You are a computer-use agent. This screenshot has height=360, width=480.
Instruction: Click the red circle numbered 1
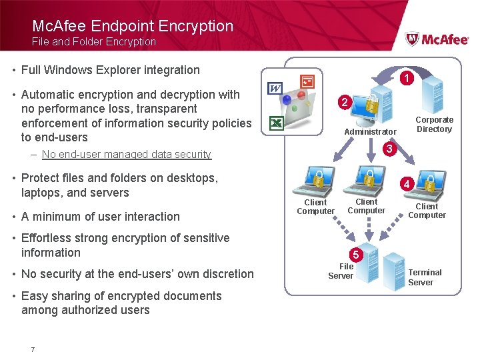(406, 78)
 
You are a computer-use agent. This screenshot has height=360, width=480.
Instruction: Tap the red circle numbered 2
(343, 103)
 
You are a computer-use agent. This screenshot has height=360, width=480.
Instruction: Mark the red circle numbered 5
(356, 254)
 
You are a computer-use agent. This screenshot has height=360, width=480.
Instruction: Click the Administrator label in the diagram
(370, 132)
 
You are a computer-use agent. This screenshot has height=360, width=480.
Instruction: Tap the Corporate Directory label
(434, 125)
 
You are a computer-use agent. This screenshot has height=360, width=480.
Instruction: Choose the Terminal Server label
(425, 277)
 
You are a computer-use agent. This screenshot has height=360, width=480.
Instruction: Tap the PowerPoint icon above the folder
(307, 81)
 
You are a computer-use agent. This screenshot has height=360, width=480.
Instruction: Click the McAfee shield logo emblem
(413, 39)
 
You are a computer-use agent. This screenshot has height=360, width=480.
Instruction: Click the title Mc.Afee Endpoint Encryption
(133, 26)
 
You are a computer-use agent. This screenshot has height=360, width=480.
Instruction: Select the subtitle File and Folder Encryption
(94, 41)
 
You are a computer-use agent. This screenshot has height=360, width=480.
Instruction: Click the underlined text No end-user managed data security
(126, 154)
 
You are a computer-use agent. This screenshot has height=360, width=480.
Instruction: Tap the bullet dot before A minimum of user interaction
(14, 217)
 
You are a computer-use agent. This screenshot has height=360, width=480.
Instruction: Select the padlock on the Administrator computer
(370, 105)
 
